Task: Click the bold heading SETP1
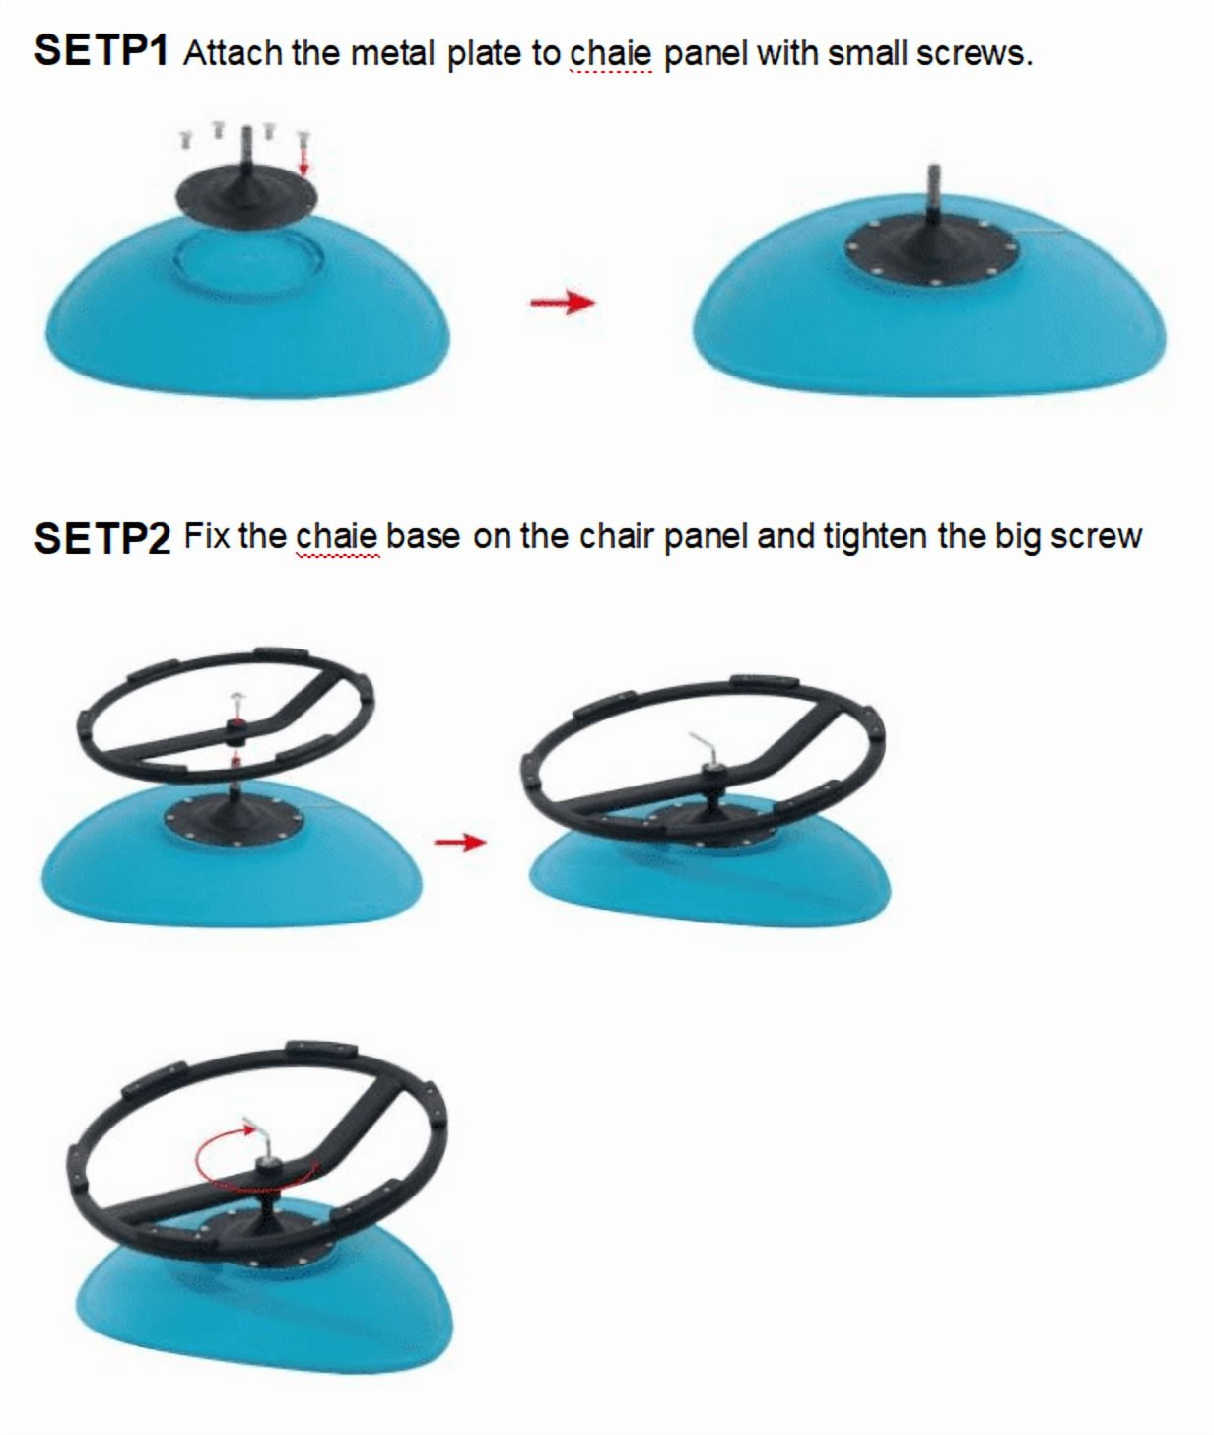pyautogui.click(x=101, y=50)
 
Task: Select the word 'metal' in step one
pyautogui.click(x=393, y=53)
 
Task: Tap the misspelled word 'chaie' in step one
pyautogui.click(x=611, y=53)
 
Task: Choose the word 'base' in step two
pyautogui.click(x=423, y=537)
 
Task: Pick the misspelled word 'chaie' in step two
pyautogui.click(x=337, y=537)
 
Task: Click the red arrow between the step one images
pyautogui.click(x=563, y=302)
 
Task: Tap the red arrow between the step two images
pyautogui.click(x=460, y=842)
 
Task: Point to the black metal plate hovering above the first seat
pyautogui.click(x=245, y=194)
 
